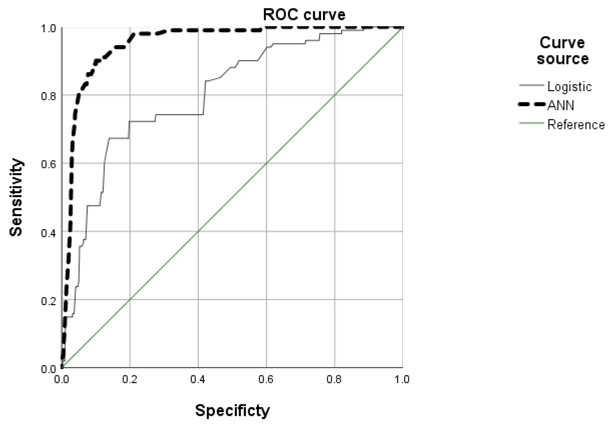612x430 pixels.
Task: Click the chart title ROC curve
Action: [304, 15]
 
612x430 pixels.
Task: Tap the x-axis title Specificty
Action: [232, 410]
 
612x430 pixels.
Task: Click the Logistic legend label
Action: [569, 86]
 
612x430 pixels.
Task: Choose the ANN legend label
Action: [561, 105]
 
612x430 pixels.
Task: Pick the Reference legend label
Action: [576, 125]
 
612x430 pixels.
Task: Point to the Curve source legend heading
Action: [562, 51]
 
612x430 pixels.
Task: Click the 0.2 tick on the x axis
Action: [130, 379]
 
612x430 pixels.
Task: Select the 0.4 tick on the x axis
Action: [198, 379]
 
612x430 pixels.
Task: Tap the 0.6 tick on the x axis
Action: [266, 379]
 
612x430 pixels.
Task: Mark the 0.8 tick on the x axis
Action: [334, 379]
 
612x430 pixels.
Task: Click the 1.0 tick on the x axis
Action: [402, 379]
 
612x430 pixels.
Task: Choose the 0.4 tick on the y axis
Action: [48, 233]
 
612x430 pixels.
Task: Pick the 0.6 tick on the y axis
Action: [48, 164]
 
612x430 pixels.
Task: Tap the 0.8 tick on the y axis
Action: [48, 96]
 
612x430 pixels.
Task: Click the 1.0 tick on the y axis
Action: [48, 29]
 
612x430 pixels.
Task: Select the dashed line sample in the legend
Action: [531, 105]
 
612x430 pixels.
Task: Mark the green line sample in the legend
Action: [531, 123]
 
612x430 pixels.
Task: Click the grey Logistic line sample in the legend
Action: [531, 85]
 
